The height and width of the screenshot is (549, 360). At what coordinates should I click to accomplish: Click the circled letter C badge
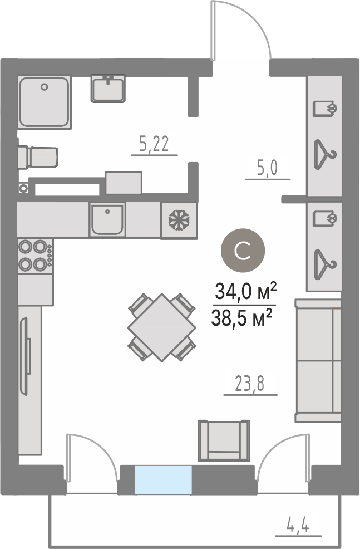243,251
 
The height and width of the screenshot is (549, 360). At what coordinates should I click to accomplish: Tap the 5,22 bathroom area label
154,144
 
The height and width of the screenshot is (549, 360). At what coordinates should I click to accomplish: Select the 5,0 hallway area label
267,168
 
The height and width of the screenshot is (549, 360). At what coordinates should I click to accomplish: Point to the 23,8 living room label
249,384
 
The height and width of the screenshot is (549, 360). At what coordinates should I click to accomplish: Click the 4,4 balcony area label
298,526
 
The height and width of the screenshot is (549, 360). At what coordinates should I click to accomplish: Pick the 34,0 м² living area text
245,291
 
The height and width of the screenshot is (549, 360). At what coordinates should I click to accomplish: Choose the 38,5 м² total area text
242,318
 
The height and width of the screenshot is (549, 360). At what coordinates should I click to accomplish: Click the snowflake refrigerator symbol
179,220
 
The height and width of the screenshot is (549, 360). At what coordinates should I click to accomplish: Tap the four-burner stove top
36,256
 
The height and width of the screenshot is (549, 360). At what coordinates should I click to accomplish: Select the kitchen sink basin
107,220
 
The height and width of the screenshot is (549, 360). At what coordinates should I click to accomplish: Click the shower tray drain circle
44,86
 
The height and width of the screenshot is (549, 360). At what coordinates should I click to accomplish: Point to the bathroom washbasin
108,89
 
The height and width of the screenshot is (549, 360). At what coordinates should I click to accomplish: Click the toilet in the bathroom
38,157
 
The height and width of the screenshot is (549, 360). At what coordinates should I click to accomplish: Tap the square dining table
161,328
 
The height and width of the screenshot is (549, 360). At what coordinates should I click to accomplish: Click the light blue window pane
164,479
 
